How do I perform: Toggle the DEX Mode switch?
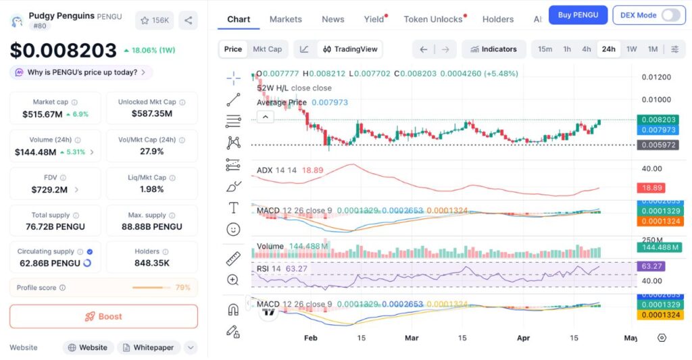pyautogui.click(x=670, y=15)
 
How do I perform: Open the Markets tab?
pyautogui.click(x=285, y=19)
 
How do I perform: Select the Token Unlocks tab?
pyautogui.click(x=433, y=19)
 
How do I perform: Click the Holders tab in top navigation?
pyautogui.click(x=498, y=19)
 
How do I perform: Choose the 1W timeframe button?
pyautogui.click(x=631, y=49)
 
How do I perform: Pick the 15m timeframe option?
pyautogui.click(x=545, y=49)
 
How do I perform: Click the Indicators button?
pyautogui.click(x=493, y=49)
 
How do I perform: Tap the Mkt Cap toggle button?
pyautogui.click(x=267, y=49)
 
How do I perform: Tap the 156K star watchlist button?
pyautogui.click(x=154, y=20)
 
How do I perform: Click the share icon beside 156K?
pyautogui.click(x=188, y=20)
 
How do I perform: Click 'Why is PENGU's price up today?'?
pyautogui.click(x=81, y=72)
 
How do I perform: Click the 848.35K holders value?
pyautogui.click(x=152, y=263)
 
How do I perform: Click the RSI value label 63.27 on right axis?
pyautogui.click(x=656, y=267)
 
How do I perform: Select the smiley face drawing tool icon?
pyautogui.click(x=233, y=230)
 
